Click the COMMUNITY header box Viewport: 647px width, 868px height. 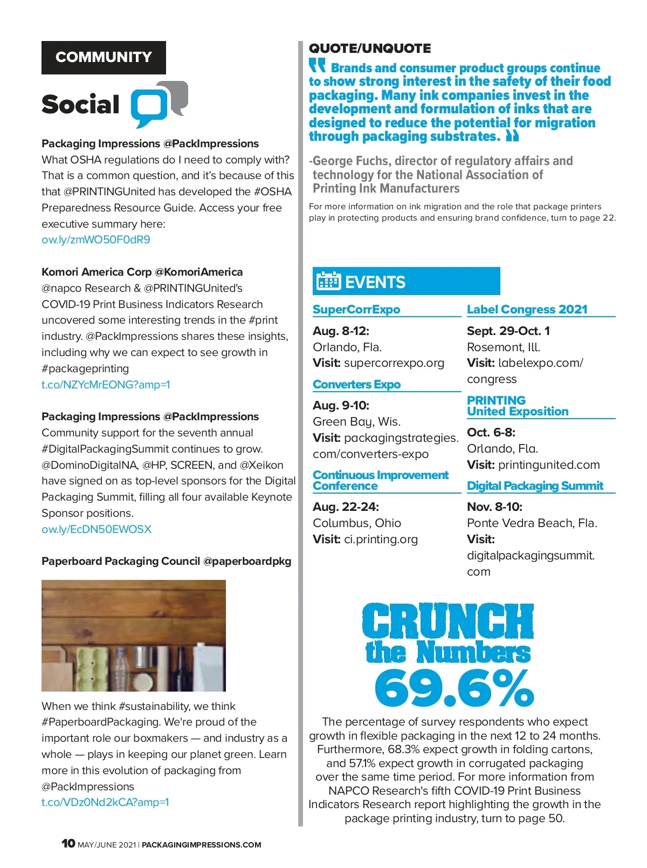point(104,57)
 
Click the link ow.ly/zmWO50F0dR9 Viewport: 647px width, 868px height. point(96,240)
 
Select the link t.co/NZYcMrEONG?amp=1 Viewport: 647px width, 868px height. point(106,385)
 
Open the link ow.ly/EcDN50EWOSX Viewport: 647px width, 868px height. point(97,529)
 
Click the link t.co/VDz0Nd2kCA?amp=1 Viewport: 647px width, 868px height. point(105,802)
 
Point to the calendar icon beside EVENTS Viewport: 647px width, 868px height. point(328,281)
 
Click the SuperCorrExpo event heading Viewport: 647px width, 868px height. point(356,309)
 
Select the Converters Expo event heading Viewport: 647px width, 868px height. point(356,384)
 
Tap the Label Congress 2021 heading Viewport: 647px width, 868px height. point(527,309)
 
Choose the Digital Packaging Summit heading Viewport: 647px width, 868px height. point(535,486)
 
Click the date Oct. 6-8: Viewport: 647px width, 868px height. point(491,433)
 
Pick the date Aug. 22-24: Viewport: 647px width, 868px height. point(346,507)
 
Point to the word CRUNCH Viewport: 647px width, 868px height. point(448,621)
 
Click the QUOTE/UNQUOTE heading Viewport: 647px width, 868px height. point(370,49)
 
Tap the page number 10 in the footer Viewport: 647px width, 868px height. point(68,844)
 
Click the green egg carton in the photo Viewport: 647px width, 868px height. point(93,668)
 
